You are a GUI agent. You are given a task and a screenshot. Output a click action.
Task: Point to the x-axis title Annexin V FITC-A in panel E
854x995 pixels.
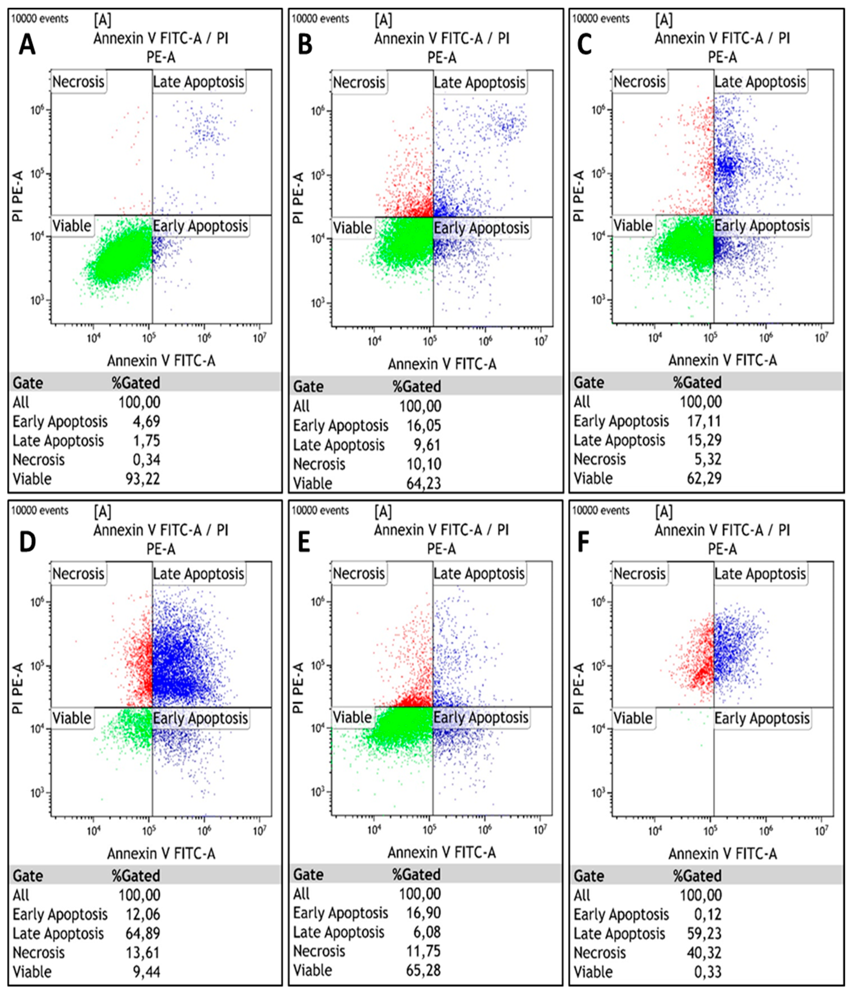(x=442, y=852)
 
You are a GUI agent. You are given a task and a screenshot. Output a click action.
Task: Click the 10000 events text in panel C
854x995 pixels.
(x=600, y=19)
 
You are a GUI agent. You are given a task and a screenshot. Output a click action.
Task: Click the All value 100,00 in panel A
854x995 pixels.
(x=139, y=402)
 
